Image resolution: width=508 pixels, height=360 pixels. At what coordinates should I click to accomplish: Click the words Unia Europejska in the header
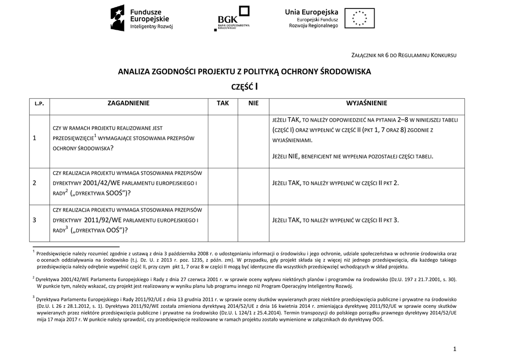point(311,12)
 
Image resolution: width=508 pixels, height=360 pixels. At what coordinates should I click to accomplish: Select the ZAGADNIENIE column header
point(128,103)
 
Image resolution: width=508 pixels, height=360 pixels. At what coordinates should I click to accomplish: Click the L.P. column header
point(40,104)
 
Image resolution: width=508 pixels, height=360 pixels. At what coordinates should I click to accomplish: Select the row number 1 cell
point(34,138)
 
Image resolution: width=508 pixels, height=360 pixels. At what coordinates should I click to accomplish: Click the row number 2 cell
point(34,183)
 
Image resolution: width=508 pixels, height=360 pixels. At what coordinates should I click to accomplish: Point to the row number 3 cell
point(34,219)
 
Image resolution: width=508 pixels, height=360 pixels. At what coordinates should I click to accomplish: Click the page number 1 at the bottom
point(454,349)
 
